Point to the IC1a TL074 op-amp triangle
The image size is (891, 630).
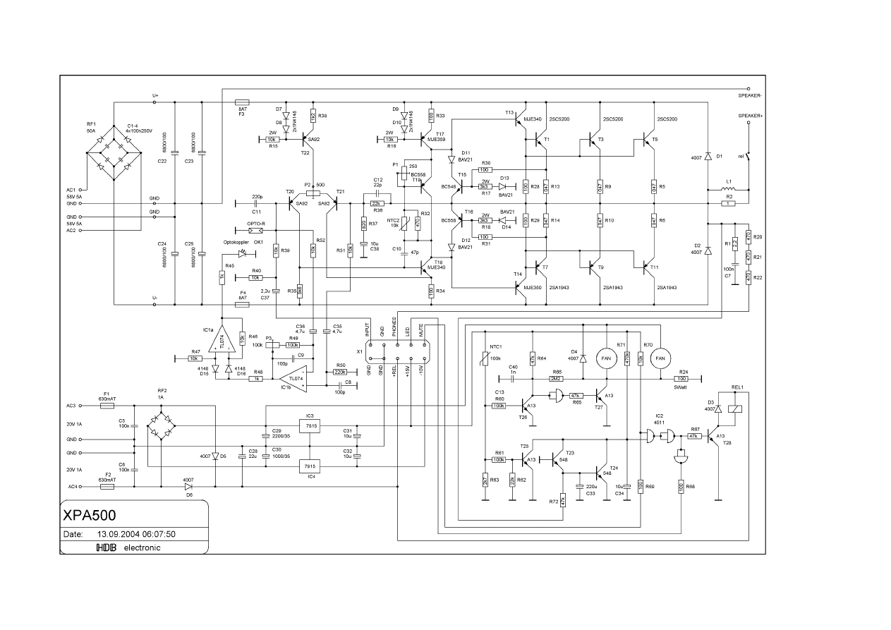[223, 339]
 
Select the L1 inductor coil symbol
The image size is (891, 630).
[729, 189]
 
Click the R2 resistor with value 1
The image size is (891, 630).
[729, 203]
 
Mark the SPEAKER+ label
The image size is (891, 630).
[751, 115]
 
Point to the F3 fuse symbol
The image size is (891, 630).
[241, 102]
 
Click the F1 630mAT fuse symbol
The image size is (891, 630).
[106, 406]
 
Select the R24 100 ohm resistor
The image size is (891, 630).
[682, 379]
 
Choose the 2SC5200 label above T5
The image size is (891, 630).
[667, 119]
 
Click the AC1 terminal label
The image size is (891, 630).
[71, 190]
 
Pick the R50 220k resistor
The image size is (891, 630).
[341, 372]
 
